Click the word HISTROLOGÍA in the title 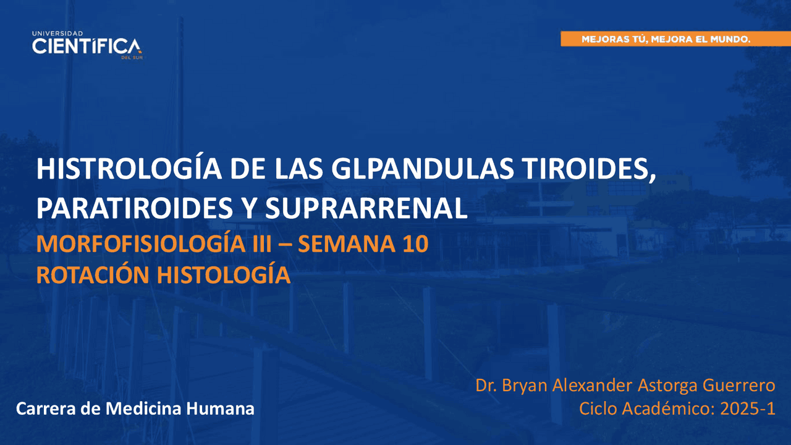click(x=129, y=169)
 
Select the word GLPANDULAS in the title click(x=422, y=169)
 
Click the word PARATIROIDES click(x=135, y=208)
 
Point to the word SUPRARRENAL click(x=366, y=208)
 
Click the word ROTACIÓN click(x=93, y=274)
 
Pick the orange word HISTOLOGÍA click(x=224, y=274)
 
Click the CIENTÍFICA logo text click(x=87, y=46)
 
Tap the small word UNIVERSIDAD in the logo click(x=57, y=33)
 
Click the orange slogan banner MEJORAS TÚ click(x=676, y=39)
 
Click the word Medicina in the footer click(x=144, y=409)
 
